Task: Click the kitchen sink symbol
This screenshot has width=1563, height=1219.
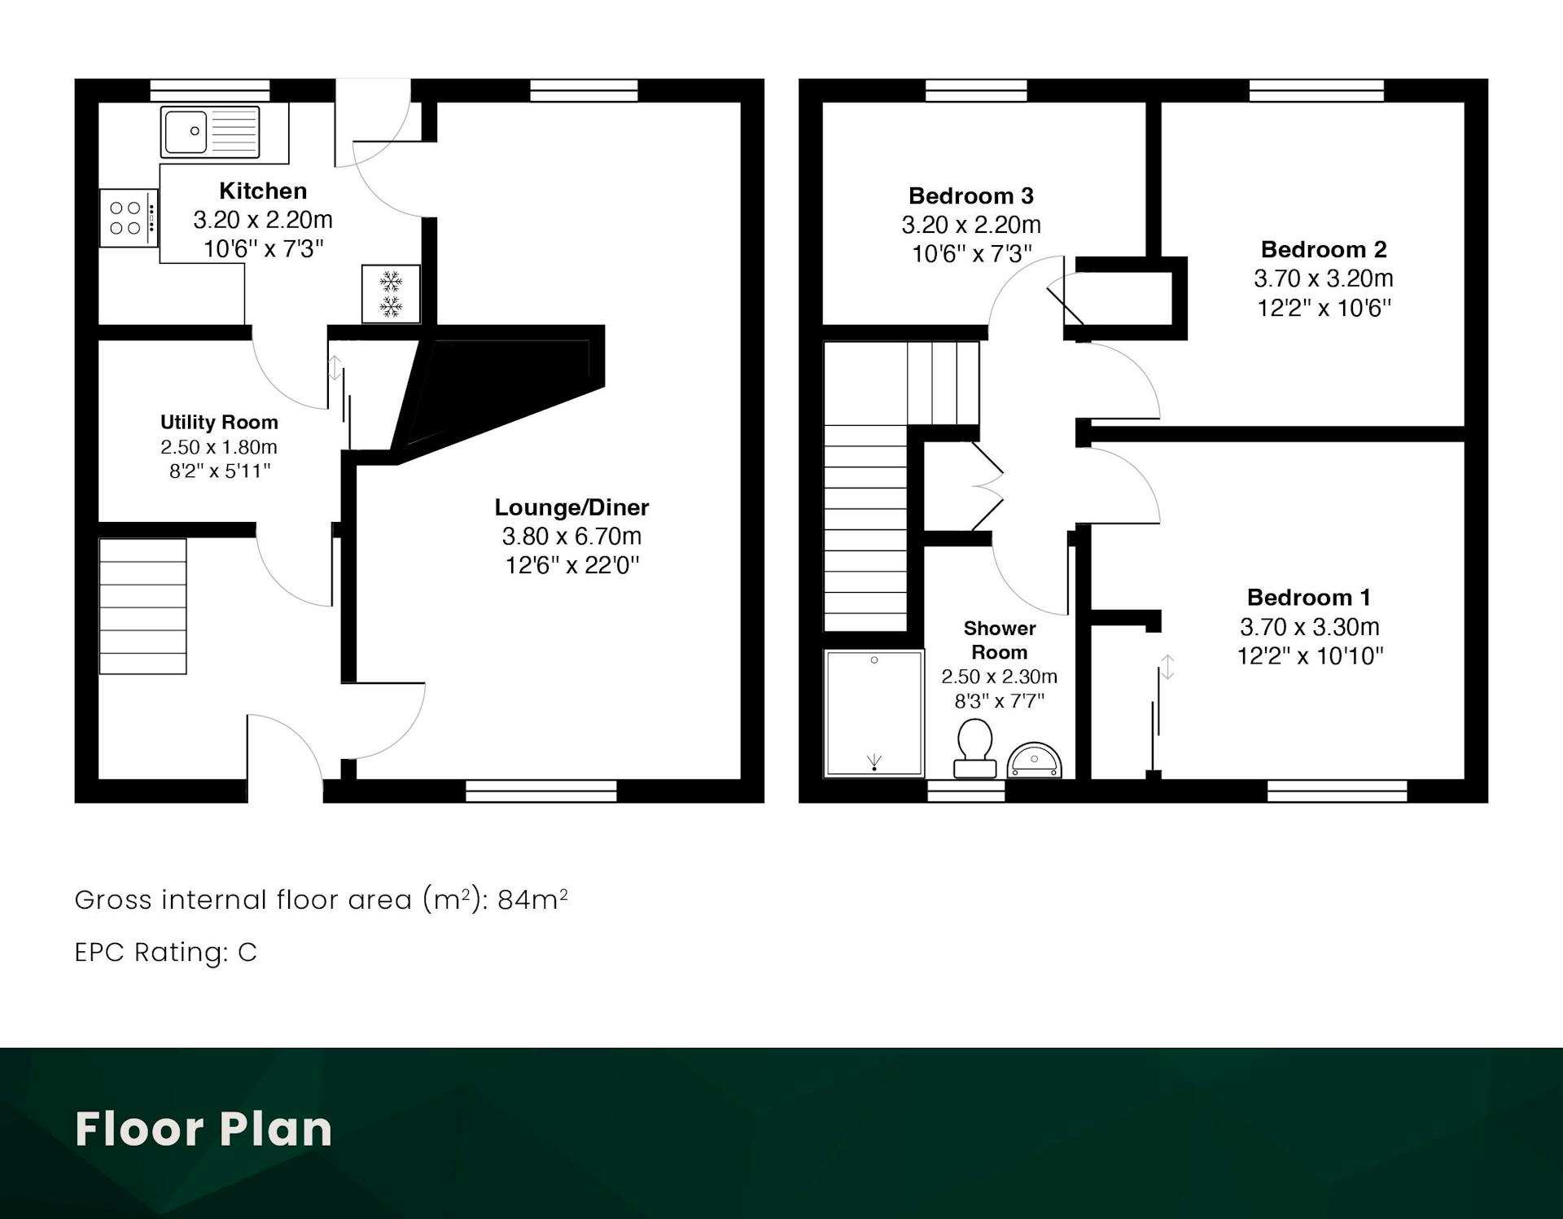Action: pyautogui.click(x=210, y=131)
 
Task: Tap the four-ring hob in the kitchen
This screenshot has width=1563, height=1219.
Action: pyautogui.click(x=129, y=217)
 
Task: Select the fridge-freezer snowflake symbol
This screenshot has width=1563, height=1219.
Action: pyautogui.click(x=392, y=294)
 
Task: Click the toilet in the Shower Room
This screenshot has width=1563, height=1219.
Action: pyautogui.click(x=974, y=748)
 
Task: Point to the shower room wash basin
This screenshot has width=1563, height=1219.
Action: pyautogui.click(x=1035, y=761)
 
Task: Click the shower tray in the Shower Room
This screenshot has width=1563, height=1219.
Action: pyautogui.click(x=874, y=713)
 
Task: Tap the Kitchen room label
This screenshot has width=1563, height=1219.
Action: pyautogui.click(x=263, y=191)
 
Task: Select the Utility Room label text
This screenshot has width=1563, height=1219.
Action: pyautogui.click(x=219, y=422)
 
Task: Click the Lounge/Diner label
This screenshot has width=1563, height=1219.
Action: pyautogui.click(x=571, y=507)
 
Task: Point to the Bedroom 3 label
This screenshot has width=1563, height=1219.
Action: pyautogui.click(x=971, y=195)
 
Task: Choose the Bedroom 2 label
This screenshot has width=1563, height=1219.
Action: pyautogui.click(x=1324, y=249)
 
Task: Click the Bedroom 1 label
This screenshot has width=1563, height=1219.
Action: pyautogui.click(x=1309, y=598)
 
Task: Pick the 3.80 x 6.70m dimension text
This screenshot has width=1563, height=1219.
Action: pyautogui.click(x=571, y=536)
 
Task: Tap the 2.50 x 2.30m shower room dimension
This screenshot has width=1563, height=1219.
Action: pyautogui.click(x=999, y=677)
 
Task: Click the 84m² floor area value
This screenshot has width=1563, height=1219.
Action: pyautogui.click(x=532, y=899)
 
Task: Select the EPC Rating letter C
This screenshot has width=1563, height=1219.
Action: pyautogui.click(x=247, y=952)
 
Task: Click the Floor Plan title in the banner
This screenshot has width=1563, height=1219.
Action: pyautogui.click(x=204, y=1129)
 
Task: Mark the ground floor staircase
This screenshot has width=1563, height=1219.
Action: pyautogui.click(x=142, y=606)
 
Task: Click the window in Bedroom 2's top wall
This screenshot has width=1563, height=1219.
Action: pyautogui.click(x=1316, y=90)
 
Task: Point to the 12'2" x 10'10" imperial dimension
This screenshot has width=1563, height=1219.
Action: pyautogui.click(x=1310, y=656)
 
